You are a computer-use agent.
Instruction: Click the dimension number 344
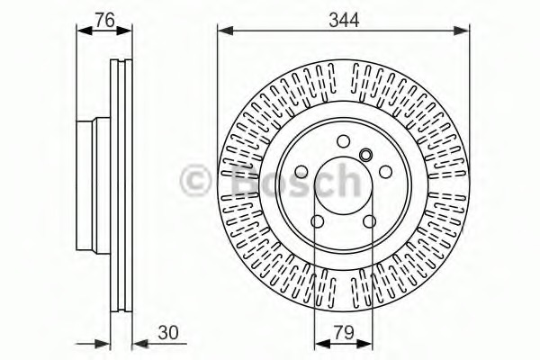pos(344,20)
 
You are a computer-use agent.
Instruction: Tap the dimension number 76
pos(104,21)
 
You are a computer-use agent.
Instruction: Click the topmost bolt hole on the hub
pos(344,141)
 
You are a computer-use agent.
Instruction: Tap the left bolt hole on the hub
pos(301,172)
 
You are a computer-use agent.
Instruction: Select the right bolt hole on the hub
pos(385,172)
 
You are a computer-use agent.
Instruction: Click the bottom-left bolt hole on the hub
pos(317,221)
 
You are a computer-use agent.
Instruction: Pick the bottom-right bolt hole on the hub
pos(370,221)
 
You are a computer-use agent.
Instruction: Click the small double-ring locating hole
pos(365,155)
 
